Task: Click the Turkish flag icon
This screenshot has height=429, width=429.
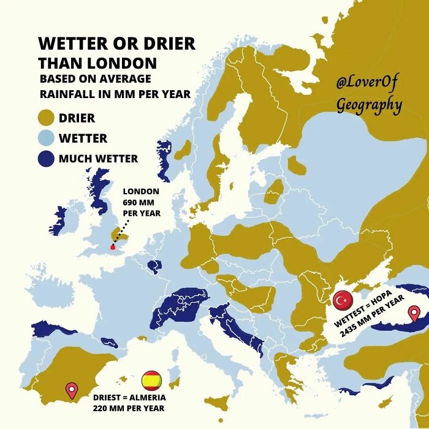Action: pyautogui.click(x=342, y=300)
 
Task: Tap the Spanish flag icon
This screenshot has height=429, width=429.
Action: pyautogui.click(x=151, y=381)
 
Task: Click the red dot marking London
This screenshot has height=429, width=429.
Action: pyautogui.click(x=112, y=248)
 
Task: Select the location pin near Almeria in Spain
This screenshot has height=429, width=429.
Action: pyautogui.click(x=72, y=390)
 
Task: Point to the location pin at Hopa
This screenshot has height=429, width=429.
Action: pyautogui.click(x=414, y=314)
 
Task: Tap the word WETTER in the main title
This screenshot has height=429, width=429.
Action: pyautogui.click(x=70, y=44)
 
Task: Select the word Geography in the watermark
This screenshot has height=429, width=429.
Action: pyautogui.click(x=369, y=105)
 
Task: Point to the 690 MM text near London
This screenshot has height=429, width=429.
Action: pyautogui.click(x=141, y=202)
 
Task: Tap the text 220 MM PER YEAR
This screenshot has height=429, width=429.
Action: pyautogui.click(x=129, y=408)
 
